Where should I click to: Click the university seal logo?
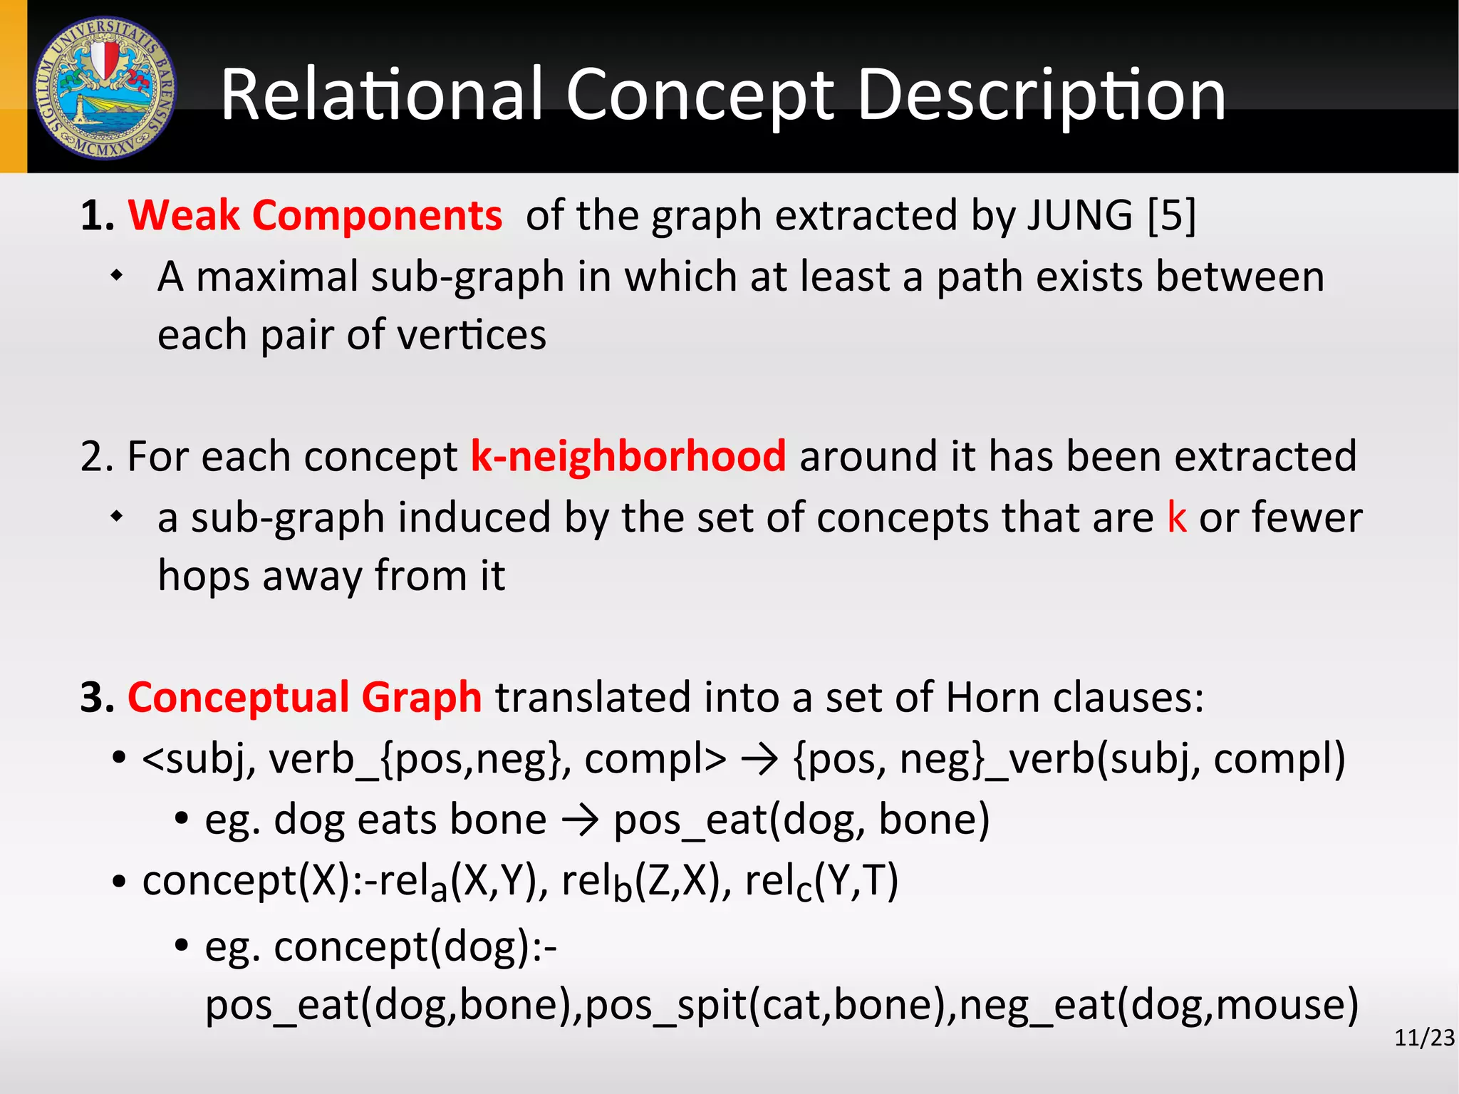click(105, 88)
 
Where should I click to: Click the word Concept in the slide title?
click(699, 96)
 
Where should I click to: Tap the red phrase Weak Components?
click(315, 215)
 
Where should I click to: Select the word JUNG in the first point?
click(1079, 215)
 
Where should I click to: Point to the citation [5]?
click(1171, 215)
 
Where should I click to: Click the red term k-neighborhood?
click(628, 456)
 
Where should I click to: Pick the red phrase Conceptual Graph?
click(305, 697)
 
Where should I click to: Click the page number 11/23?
click(1424, 1038)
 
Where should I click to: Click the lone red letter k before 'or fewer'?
click(1176, 517)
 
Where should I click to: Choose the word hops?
click(203, 576)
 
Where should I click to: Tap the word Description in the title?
click(1041, 96)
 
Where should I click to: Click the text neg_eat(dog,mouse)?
click(1158, 1005)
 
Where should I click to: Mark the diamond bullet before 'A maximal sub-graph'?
click(118, 276)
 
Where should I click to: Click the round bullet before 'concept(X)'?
click(119, 882)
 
